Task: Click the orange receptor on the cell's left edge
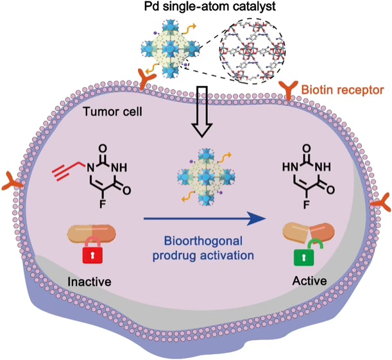tap(15, 182)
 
